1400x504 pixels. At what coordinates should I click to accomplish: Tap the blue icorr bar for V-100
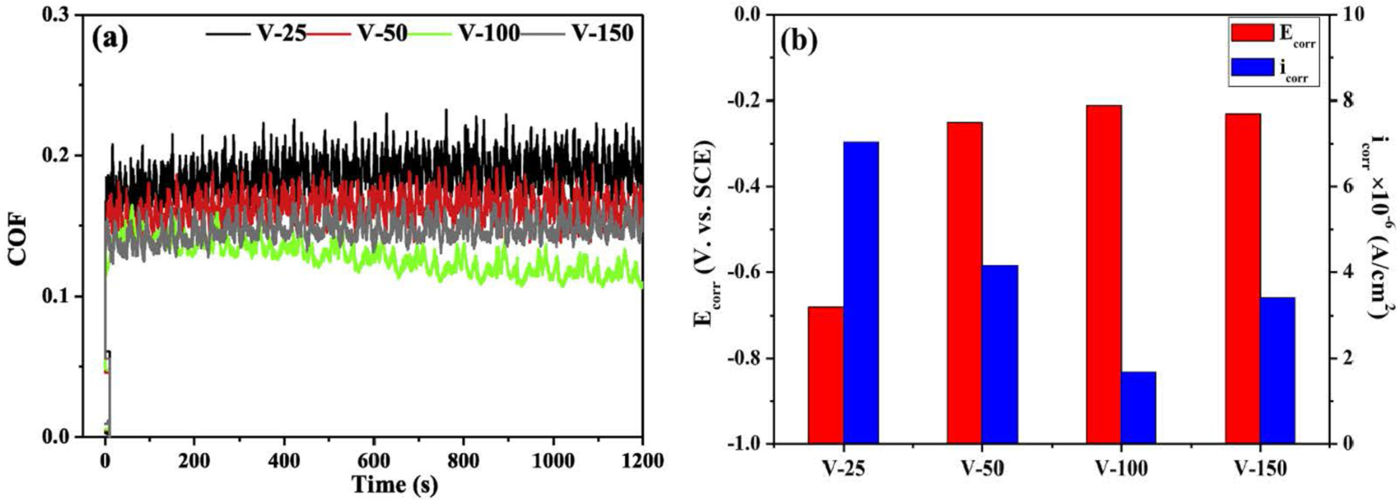pyautogui.click(x=1138, y=407)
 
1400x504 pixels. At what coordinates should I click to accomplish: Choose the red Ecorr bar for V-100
pyautogui.click(x=1104, y=274)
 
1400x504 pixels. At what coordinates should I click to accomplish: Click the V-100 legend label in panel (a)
pyautogui.click(x=489, y=34)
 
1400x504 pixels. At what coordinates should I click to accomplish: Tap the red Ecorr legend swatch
pyautogui.click(x=1251, y=32)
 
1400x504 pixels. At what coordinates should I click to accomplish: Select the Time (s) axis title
pyautogui.click(x=395, y=484)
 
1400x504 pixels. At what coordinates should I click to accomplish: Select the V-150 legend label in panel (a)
pyautogui.click(x=603, y=34)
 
